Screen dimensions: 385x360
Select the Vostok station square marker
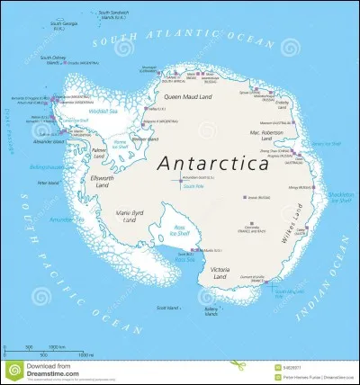249,197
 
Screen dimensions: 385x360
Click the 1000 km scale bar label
55,346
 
